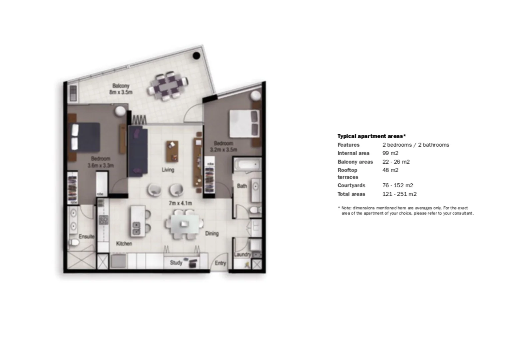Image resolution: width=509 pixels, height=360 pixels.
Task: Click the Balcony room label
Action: pos(121,86)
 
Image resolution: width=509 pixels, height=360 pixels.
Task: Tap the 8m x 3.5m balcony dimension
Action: pos(121,92)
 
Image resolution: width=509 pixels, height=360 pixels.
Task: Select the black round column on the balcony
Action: pos(196,56)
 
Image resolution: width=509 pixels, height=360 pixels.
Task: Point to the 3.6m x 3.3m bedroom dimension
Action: pos(101,165)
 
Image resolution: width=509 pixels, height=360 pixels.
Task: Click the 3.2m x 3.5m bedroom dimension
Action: pos(223,150)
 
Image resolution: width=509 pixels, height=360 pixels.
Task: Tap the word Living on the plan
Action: pos(168,170)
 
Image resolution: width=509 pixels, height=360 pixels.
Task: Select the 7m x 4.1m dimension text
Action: pos(180,203)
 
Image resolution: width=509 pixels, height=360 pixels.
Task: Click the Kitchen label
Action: pos(124,244)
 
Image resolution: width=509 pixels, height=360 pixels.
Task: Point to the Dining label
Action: pos(212,233)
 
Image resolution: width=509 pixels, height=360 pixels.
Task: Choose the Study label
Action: pos(176,263)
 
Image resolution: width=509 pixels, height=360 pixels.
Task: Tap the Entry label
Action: pos(220,263)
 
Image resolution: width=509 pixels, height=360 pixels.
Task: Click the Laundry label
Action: pos(242,254)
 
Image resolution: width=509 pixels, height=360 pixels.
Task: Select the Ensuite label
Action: pos(86,236)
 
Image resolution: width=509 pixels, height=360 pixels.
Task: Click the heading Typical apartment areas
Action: pos(371,136)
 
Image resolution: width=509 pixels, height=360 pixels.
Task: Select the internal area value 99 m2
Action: pos(390,153)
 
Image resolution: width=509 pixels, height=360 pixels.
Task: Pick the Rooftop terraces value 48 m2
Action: pos(390,170)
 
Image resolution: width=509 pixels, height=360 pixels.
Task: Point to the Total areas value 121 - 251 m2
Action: pos(399,194)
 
